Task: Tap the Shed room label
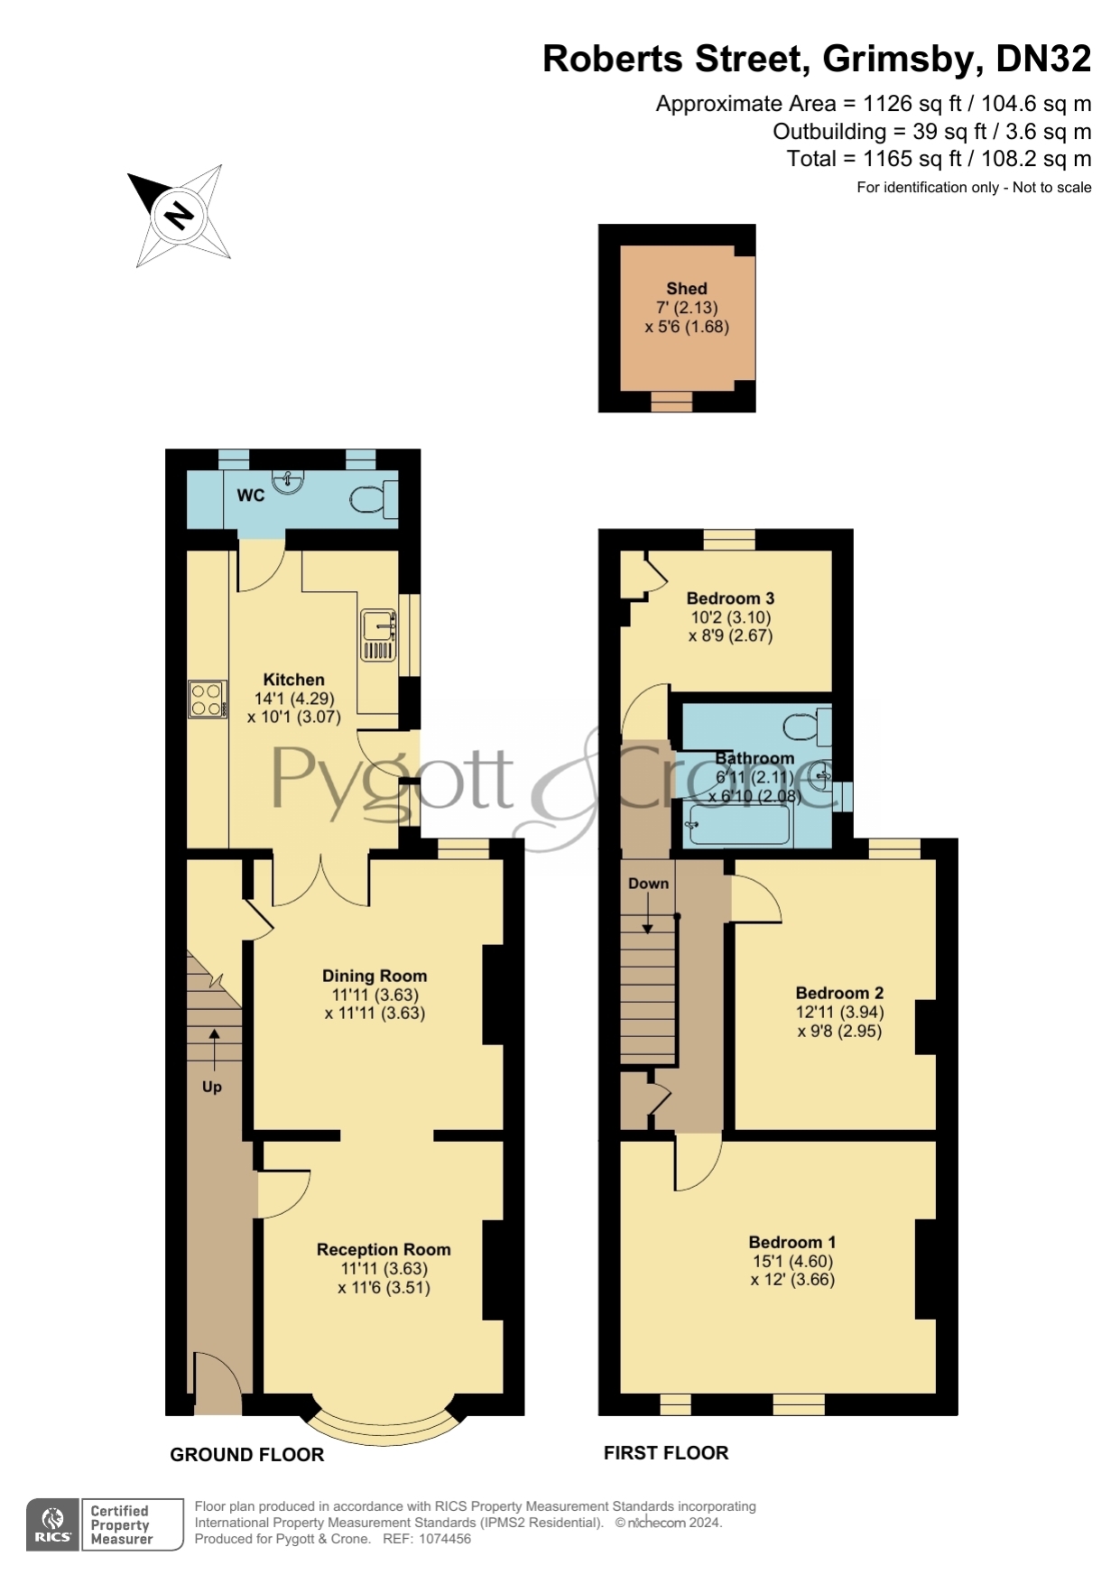pos(686,289)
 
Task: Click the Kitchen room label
pos(293,680)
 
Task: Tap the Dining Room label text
pos(375,976)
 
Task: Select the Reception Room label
pos(384,1250)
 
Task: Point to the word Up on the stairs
pos(212,1087)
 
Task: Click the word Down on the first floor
pos(649,884)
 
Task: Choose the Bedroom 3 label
pos(730,598)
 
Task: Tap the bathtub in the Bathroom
pos(738,824)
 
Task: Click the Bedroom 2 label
pos(839,993)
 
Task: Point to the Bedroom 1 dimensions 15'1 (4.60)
pos(792,1261)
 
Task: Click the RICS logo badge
pos(53,1524)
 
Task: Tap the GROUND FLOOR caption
pos(246,1455)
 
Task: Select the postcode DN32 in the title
pos(1042,60)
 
